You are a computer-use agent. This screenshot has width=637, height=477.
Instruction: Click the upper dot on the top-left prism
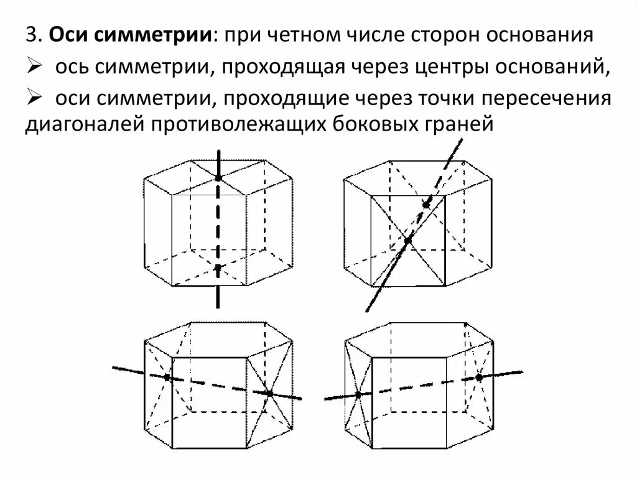tap(218, 178)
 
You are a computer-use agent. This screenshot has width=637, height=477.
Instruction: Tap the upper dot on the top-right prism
tap(426, 205)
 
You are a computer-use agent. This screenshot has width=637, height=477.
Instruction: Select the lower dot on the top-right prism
tap(407, 240)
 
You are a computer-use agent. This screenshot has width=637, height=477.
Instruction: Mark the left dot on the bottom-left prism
tap(167, 377)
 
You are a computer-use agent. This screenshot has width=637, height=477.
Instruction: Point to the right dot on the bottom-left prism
tap(269, 393)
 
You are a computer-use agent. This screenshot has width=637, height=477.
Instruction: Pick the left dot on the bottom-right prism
tap(359, 394)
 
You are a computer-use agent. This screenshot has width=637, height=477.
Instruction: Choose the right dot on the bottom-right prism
tap(479, 377)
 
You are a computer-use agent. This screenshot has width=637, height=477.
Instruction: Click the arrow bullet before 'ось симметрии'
tap(34, 67)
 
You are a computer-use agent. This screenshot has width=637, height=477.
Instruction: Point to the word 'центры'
tap(448, 68)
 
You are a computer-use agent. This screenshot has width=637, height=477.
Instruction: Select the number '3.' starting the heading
tap(34, 36)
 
